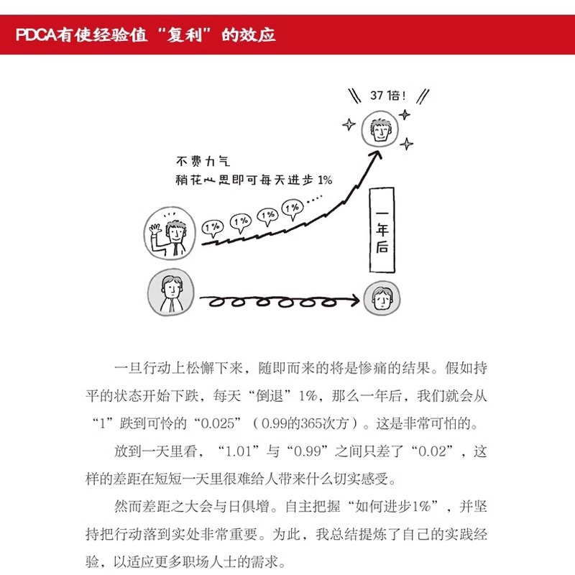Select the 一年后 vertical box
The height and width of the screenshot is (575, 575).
tap(382, 230)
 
